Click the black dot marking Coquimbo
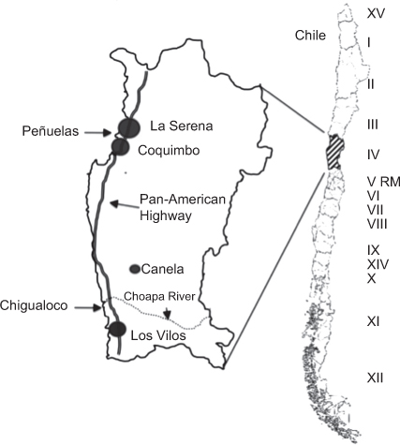(x=120, y=148)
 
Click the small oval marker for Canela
(x=135, y=269)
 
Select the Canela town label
(x=165, y=269)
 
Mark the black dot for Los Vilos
(x=117, y=330)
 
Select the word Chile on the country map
(x=308, y=36)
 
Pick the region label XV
(x=377, y=13)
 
